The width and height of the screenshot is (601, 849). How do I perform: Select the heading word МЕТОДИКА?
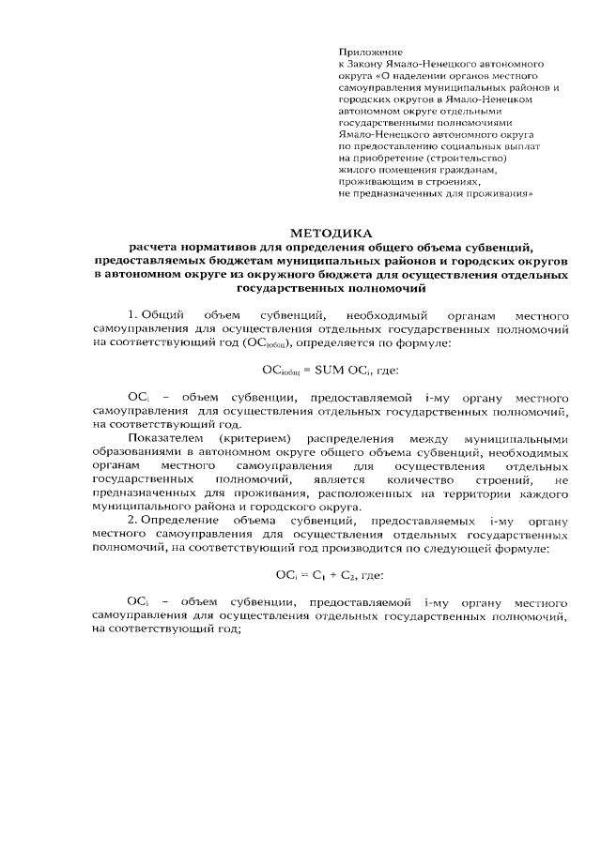331,231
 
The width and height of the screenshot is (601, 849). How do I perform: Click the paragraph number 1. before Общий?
132,311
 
